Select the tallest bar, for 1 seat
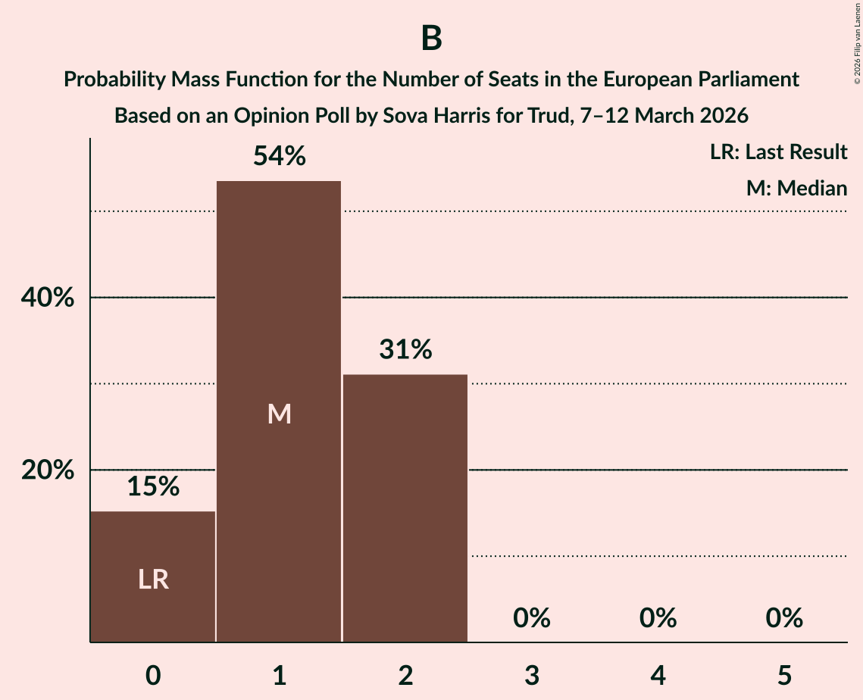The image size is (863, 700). [279, 411]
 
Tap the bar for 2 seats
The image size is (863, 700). [405, 508]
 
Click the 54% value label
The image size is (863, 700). [279, 157]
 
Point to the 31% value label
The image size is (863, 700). [405, 350]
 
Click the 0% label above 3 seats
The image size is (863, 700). [531, 618]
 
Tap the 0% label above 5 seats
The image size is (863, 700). [783, 618]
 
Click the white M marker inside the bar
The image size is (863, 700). [279, 414]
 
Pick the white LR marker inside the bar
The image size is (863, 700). [153, 580]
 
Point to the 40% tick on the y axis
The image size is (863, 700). [48, 298]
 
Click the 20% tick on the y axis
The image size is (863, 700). [48, 470]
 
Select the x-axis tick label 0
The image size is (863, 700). [153, 674]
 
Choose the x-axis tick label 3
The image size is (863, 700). [531, 674]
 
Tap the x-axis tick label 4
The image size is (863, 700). [658, 674]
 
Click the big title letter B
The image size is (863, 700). [431, 38]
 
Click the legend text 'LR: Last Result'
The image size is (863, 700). [778, 152]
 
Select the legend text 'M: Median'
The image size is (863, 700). [796, 188]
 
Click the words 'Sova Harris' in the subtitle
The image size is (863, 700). [455, 116]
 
